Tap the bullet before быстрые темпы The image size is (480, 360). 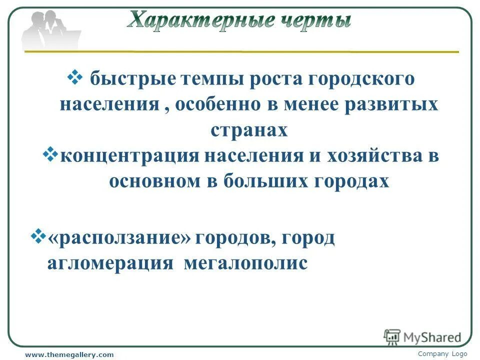coord(75,77)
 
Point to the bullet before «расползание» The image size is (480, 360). coord(38,234)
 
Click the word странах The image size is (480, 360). coord(249,130)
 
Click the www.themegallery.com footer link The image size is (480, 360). coord(69,354)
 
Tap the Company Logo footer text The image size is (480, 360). coord(442,354)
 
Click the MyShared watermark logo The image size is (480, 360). coord(422,337)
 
